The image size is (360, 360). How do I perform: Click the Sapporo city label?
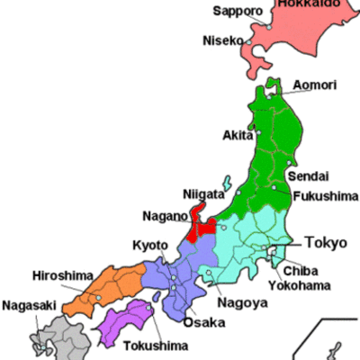pyautogui.click(x=238, y=12)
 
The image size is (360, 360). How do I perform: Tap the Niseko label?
pyautogui.click(x=222, y=40)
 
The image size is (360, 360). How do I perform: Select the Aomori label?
pyautogui.click(x=315, y=85)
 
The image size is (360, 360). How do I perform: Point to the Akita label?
pyautogui.click(x=238, y=136)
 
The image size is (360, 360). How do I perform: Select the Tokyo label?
pyautogui.click(x=326, y=242)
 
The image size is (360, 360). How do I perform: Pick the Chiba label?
pyautogui.click(x=300, y=270)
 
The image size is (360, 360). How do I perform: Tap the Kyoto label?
pyautogui.click(x=150, y=245)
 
